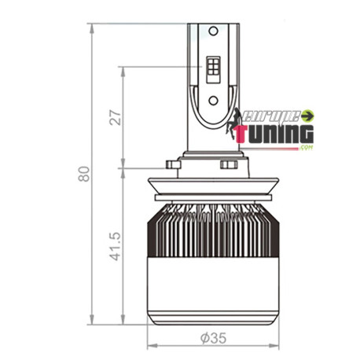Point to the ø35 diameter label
point(213,339)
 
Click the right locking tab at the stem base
point(229,165)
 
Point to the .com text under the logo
point(306,147)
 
